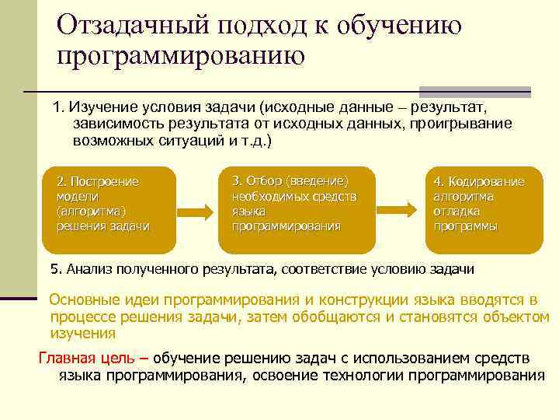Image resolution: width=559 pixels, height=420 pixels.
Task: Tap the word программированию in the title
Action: coord(181,56)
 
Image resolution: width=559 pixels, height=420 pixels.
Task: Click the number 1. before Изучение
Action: coord(60,106)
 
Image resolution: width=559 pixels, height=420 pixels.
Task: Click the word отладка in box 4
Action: coord(457,212)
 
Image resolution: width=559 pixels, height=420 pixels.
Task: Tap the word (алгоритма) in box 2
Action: coord(91,212)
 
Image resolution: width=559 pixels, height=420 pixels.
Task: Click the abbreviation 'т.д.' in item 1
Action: coord(253,143)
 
